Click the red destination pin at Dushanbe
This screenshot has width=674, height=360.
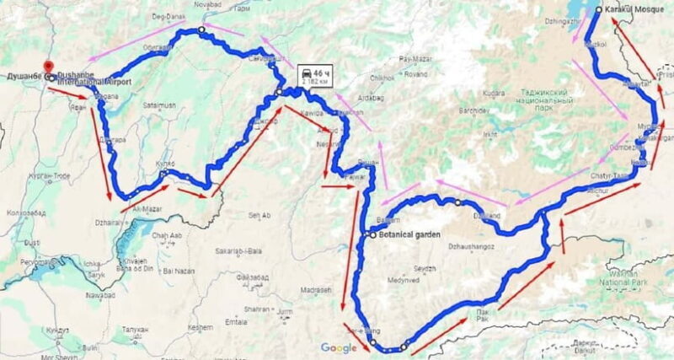coord(48,66)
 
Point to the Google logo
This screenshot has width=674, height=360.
coord(338,347)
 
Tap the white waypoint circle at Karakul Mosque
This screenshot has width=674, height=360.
coord(598,10)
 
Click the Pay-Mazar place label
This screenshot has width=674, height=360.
coord(415,59)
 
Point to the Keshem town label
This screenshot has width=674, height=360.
coord(201,326)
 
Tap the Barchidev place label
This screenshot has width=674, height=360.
coord(477,111)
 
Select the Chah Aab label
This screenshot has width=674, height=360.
coord(169,235)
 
